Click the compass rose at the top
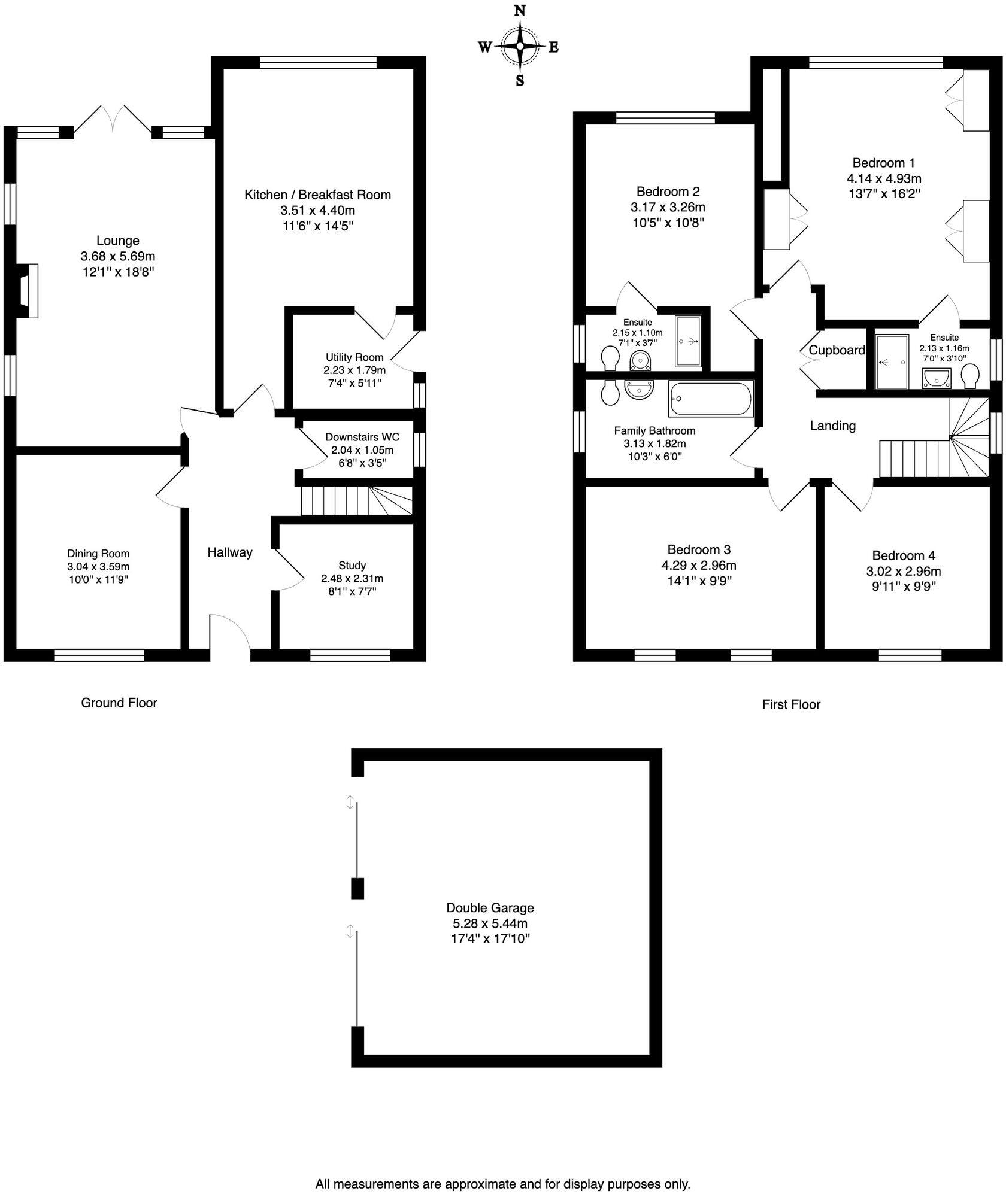click(x=520, y=45)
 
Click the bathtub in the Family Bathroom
click(x=711, y=398)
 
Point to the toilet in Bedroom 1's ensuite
click(x=970, y=377)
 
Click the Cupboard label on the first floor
click(x=837, y=350)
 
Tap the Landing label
click(x=832, y=426)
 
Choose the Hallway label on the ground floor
click(x=230, y=552)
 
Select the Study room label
click(x=352, y=566)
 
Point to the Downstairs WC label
click(x=362, y=438)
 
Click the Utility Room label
click(x=354, y=357)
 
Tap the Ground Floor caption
click(x=119, y=703)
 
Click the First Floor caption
click(x=791, y=704)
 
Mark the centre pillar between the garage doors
click(x=357, y=888)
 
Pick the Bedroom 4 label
click(x=904, y=555)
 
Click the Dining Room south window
click(x=99, y=655)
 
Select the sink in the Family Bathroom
click(x=640, y=390)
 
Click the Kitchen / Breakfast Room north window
click(x=318, y=62)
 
